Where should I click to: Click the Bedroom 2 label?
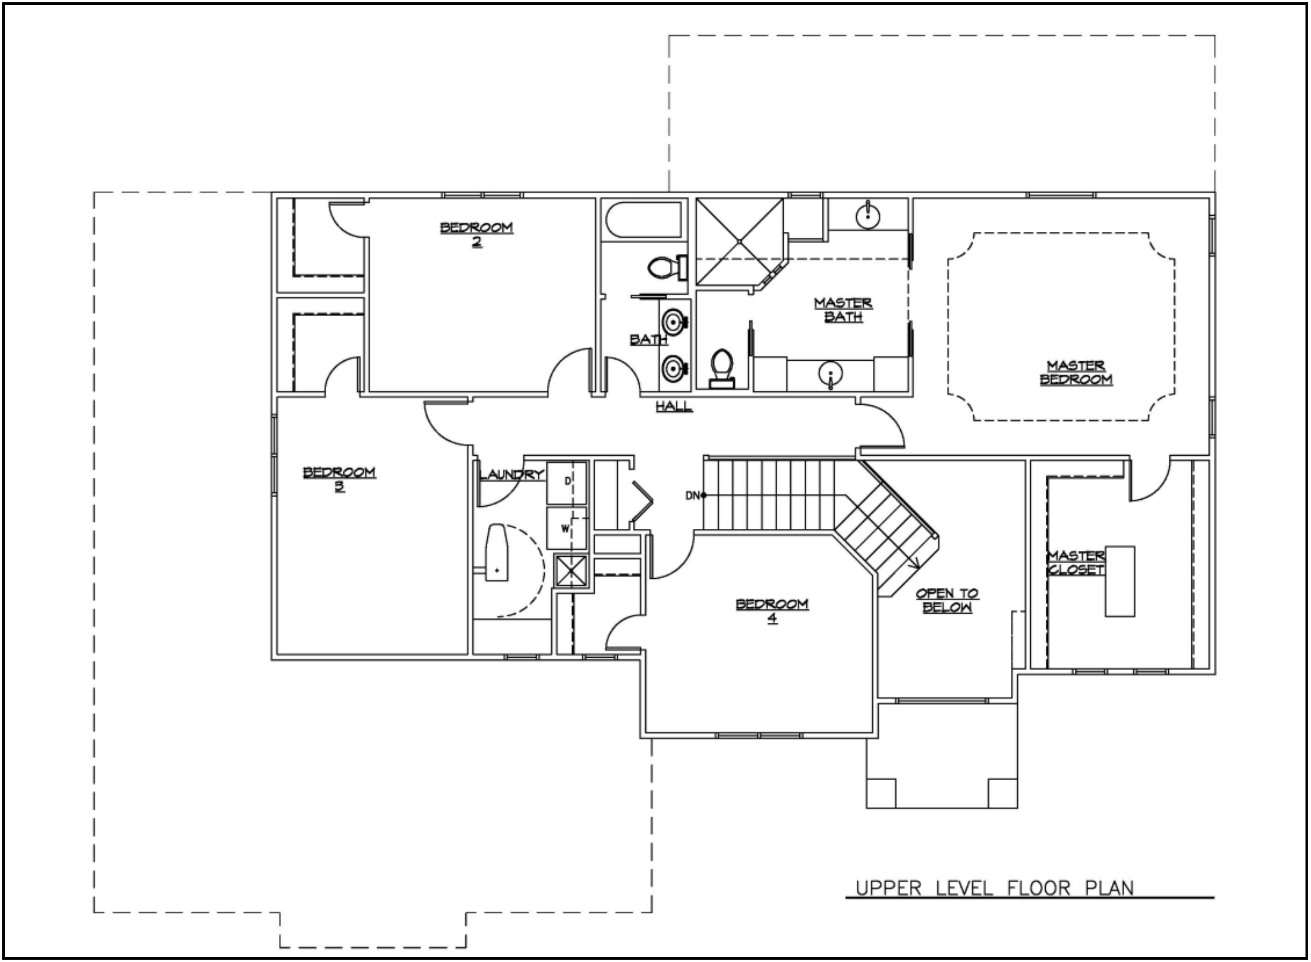(476, 234)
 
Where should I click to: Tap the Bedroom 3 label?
(340, 479)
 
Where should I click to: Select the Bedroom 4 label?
(772, 610)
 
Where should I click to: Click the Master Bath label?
(843, 310)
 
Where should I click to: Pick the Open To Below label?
(947, 600)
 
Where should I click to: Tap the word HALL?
(674, 406)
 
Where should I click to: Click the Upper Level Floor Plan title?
(995, 888)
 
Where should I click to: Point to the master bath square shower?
(740, 241)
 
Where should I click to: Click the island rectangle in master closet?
(1120, 581)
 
